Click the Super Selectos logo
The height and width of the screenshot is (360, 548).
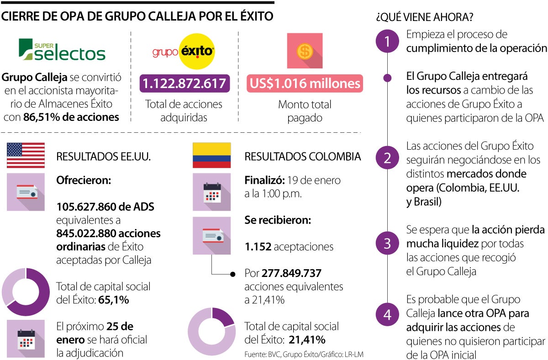pyautogui.click(x=62, y=49)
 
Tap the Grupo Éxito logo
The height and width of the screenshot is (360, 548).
pyautogui.click(x=183, y=52)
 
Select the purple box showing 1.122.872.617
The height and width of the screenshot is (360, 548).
pyautogui.click(x=184, y=83)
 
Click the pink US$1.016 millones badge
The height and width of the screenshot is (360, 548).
pyautogui.click(x=305, y=83)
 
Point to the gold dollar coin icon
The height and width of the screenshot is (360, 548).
pyautogui.click(x=305, y=51)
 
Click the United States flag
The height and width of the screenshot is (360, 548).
pyautogui.click(x=26, y=156)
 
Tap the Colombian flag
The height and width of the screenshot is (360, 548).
pyautogui.click(x=211, y=156)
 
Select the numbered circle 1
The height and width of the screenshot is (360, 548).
pyautogui.click(x=387, y=42)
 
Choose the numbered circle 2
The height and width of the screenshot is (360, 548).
pyautogui.click(x=387, y=158)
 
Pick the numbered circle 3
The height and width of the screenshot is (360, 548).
pyautogui.click(x=387, y=243)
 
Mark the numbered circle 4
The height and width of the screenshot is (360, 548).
pyautogui.click(x=387, y=315)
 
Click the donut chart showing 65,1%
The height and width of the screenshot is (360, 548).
pyautogui.click(x=26, y=292)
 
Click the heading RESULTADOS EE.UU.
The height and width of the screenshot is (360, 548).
pyautogui.click(x=103, y=157)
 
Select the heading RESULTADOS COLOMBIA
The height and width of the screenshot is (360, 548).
pyautogui.click(x=303, y=157)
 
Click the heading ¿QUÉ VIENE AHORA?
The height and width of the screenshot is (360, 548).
pyautogui.click(x=424, y=18)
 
